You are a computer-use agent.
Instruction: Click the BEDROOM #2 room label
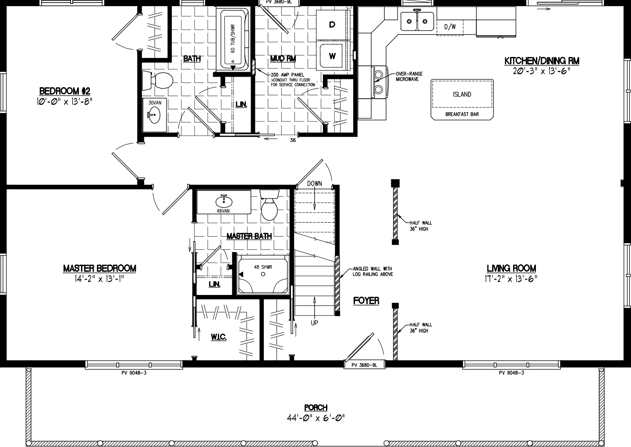pos(65,91)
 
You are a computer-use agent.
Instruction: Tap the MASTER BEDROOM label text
pos(99,268)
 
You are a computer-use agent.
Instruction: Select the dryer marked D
pos(332,25)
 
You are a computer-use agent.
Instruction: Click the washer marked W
pos(332,56)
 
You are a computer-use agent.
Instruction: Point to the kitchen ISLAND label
pos(462,94)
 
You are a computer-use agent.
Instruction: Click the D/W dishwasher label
pos(450,27)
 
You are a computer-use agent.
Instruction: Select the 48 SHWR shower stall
pos(263,274)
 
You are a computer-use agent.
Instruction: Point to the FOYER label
pos(366,301)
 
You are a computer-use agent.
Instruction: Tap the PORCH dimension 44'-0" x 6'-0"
pos(316,418)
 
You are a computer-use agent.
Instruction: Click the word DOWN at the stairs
pos(315,184)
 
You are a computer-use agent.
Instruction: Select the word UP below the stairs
pos(315,323)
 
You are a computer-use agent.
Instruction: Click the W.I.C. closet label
pos(218,337)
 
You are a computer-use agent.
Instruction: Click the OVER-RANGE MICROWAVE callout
pos(409,76)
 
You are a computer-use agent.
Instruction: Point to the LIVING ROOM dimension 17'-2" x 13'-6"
pos(511,278)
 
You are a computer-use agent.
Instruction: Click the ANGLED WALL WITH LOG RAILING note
pos(372,271)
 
